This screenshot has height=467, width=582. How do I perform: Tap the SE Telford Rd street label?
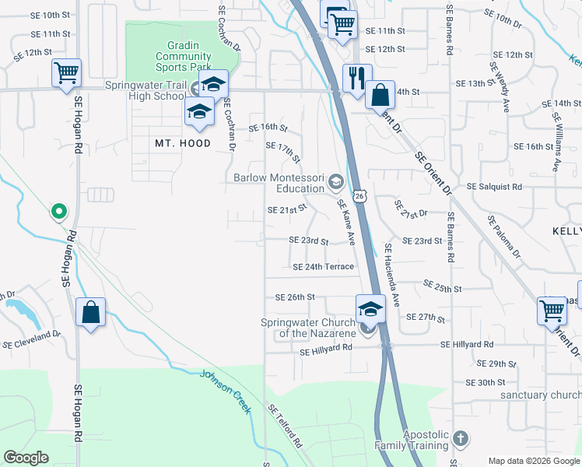coord(285,426)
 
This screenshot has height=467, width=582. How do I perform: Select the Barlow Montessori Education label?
coord(279,183)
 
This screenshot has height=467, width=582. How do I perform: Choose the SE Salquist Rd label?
coord(494,187)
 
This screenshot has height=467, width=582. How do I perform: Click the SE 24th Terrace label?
coord(324,267)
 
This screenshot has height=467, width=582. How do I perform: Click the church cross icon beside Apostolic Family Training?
coord(461,437)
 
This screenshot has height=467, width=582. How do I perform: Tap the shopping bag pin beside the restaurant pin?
coord(380,96)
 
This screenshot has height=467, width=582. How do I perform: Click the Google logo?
coord(26,458)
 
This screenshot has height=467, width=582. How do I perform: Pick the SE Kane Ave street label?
coord(346,222)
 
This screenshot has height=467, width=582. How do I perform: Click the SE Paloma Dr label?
coord(504,237)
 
